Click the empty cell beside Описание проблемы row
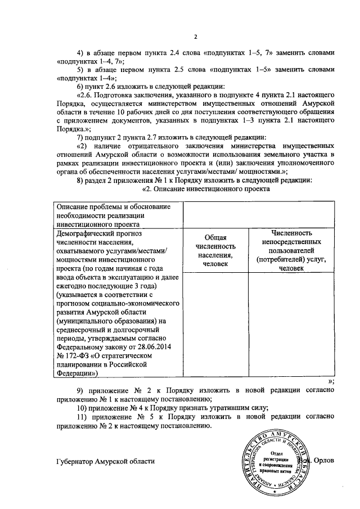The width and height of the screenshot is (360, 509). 259,215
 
